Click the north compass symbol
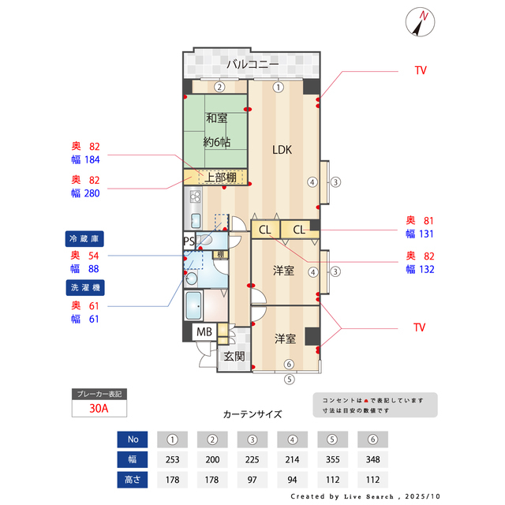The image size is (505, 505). point(419,21)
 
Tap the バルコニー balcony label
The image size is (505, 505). point(252,65)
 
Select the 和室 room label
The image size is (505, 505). point(216,118)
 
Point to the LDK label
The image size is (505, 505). point(283,148)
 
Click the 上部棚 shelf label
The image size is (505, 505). point(220,177)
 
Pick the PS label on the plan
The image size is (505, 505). point(189,241)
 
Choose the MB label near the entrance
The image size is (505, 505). point(204,332)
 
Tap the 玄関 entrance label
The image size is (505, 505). point(234,356)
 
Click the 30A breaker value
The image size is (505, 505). point(99,409)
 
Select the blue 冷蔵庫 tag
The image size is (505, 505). point(85,238)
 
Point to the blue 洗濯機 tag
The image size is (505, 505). point(85,286)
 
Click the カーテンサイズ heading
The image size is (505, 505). point(252,413)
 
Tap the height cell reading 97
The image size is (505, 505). point(252,479)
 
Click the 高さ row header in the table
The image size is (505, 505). point(133,479)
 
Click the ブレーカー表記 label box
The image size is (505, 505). point(99,393)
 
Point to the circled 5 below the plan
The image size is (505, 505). point(289,378)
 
